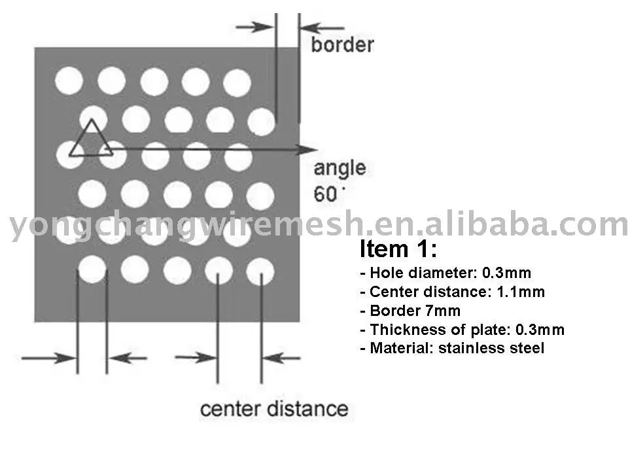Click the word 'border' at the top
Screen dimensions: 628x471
[341, 44]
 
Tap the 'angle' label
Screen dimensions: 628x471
[340, 168]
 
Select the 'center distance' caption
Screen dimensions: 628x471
[273, 409]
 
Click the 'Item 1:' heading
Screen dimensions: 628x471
[398, 249]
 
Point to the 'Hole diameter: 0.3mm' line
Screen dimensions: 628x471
[445, 273]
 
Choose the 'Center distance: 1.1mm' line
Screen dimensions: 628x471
[452, 292]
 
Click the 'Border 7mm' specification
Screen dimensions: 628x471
[410, 311]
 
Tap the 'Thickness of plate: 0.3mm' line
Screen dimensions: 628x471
[462, 330]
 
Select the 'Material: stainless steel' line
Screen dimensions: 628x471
[452, 349]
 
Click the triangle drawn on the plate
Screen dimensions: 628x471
[91, 140]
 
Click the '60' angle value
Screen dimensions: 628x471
[328, 194]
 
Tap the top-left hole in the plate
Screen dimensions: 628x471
[69, 81]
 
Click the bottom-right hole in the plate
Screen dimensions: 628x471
[260, 270]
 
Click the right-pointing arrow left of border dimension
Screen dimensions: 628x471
[256, 26]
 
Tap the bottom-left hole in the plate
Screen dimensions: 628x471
[92, 269]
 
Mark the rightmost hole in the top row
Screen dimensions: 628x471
[237, 82]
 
